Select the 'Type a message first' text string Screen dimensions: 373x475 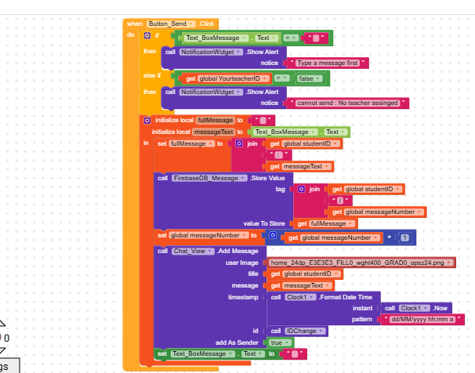pos(329,63)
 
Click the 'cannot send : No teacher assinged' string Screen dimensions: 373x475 pos(349,103)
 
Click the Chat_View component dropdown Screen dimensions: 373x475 pos(190,251)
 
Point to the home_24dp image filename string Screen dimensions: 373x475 pos(361,263)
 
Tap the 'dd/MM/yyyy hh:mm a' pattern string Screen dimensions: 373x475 pos(421,320)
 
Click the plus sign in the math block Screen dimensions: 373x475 pos(389,237)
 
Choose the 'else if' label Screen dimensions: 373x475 pos(150,75)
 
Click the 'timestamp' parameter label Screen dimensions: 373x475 pos(243,298)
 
